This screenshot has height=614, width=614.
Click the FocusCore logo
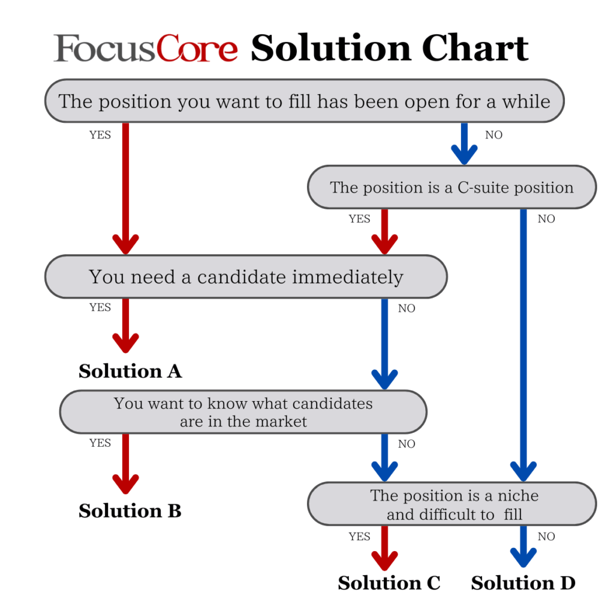pyautogui.click(x=145, y=48)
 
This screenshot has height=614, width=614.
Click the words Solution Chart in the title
pyautogui.click(x=390, y=48)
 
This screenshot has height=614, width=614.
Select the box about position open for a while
pyautogui.click(x=304, y=101)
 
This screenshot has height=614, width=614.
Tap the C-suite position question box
pyautogui.click(x=452, y=187)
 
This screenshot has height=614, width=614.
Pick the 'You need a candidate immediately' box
pyautogui.click(x=246, y=276)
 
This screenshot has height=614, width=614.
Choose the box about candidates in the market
pyautogui.click(x=243, y=412)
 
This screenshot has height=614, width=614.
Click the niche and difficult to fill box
pyautogui.click(x=452, y=504)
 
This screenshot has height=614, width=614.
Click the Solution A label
pyautogui.click(x=130, y=371)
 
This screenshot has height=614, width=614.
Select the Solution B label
pyautogui.click(x=130, y=511)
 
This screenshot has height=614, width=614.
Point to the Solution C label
pyautogui.click(x=389, y=583)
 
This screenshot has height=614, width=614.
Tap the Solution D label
pyautogui.click(x=523, y=583)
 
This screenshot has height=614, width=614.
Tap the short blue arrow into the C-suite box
pyautogui.click(x=465, y=144)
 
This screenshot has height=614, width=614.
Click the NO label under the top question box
pyautogui.click(x=494, y=135)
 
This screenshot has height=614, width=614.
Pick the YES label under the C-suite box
pyautogui.click(x=360, y=219)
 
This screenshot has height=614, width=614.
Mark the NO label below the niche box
pyautogui.click(x=546, y=537)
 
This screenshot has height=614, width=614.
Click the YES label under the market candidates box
pyautogui.click(x=100, y=443)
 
